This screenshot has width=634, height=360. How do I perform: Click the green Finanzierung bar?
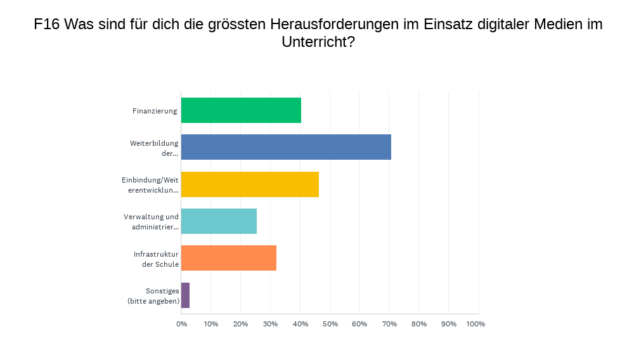[x=241, y=110]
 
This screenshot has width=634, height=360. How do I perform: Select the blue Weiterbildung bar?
[x=286, y=147]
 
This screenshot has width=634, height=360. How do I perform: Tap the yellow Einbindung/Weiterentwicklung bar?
[x=250, y=184]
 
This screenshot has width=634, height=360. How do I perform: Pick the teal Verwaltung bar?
[x=219, y=221]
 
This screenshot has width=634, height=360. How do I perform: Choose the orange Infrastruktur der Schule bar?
[x=229, y=258]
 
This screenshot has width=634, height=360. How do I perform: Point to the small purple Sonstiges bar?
[x=185, y=295]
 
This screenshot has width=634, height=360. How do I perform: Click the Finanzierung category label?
[x=155, y=111]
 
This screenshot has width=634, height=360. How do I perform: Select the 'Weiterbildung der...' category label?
[x=154, y=148]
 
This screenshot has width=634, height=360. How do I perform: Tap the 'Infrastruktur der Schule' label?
[x=156, y=259]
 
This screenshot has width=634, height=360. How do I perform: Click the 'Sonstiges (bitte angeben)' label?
[x=153, y=295]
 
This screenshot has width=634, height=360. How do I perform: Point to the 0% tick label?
[x=181, y=324]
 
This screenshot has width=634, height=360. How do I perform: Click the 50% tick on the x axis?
[x=330, y=324]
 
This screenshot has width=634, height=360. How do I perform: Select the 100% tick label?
[x=475, y=324]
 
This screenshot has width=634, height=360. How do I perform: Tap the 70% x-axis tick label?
[x=389, y=324]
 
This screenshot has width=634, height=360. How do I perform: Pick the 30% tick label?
[x=270, y=324]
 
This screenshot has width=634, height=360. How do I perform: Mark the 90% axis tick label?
[x=448, y=324]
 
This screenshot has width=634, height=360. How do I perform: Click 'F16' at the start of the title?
[x=47, y=25]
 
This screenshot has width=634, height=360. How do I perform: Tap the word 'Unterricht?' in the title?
[x=318, y=42]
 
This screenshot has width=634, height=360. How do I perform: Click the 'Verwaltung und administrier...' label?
[x=151, y=221]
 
